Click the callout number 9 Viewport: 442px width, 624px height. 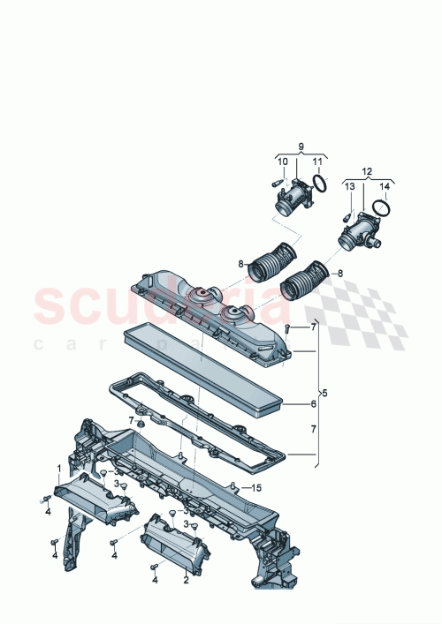click(x=300, y=146)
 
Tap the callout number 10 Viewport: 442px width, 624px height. click(x=283, y=162)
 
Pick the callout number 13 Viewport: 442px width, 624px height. click(x=348, y=186)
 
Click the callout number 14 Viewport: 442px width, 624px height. click(x=384, y=186)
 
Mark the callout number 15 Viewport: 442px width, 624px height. click(x=257, y=488)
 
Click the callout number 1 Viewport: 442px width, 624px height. click(x=60, y=468)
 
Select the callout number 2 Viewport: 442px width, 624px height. click(x=186, y=580)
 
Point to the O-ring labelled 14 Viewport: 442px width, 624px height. click(x=380, y=208)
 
